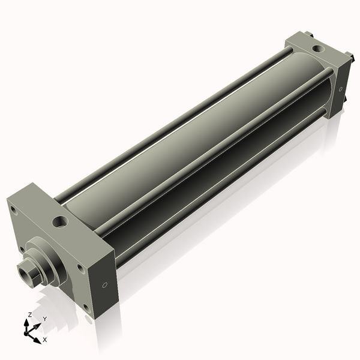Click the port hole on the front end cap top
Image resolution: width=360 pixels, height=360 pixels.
pos(61,223)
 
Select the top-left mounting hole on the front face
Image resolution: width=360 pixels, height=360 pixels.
pos(13,209)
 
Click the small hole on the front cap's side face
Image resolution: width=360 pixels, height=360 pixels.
pos(106,284)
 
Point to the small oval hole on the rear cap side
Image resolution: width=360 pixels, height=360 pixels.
pos(341,89)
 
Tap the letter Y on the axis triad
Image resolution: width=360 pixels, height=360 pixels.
pos(44,319)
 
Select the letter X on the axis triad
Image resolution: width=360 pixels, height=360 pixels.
pos(45,340)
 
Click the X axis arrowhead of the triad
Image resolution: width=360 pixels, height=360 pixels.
pos(38,337)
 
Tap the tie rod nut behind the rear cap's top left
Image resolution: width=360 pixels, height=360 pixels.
pos(307,35)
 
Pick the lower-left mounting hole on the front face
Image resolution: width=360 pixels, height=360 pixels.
pos(22,247)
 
